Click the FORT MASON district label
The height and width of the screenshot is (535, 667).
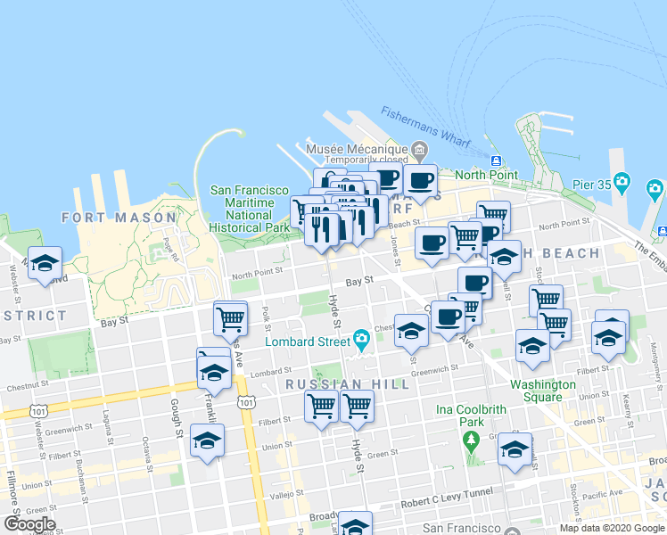(119, 218)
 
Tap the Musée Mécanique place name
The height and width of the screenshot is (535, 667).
(357, 148)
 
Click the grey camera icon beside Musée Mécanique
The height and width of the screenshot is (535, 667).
(420, 148)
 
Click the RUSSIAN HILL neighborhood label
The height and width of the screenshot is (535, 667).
(347, 384)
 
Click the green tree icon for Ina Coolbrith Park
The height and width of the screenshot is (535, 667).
(470, 439)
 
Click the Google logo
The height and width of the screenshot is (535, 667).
(29, 524)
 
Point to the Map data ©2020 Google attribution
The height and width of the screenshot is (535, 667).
(612, 527)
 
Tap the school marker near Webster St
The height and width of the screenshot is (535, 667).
(45, 264)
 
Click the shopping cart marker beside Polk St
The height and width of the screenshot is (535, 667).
(231, 318)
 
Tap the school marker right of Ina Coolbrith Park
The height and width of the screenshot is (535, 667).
(515, 450)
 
